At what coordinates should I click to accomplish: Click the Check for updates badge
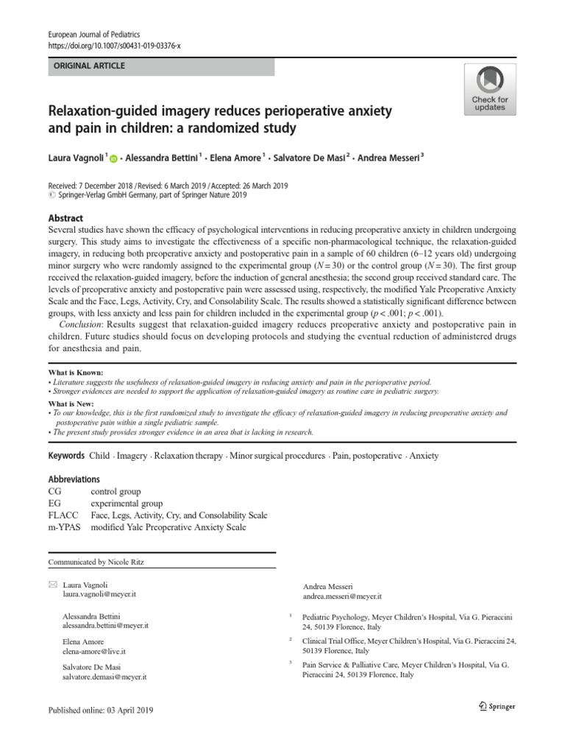pyautogui.click(x=489, y=88)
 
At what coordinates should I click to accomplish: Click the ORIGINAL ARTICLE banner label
pyautogui.click(x=87, y=66)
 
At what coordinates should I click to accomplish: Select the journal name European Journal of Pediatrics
pyautogui.click(x=93, y=35)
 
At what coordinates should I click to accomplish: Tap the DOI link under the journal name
pyautogui.click(x=114, y=45)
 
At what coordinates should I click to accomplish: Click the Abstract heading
pyautogui.click(x=65, y=219)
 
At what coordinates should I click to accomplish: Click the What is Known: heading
pyautogui.click(x=76, y=373)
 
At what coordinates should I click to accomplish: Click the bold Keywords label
pyautogui.click(x=66, y=456)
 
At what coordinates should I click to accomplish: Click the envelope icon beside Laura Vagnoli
pyautogui.click(x=51, y=584)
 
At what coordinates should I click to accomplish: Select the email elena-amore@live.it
pyautogui.click(x=94, y=652)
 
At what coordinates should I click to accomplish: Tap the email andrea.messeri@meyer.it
pyautogui.click(x=342, y=596)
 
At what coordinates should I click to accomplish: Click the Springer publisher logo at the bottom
pyautogui.click(x=494, y=706)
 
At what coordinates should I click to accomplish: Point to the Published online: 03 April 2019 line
pyautogui.click(x=102, y=711)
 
